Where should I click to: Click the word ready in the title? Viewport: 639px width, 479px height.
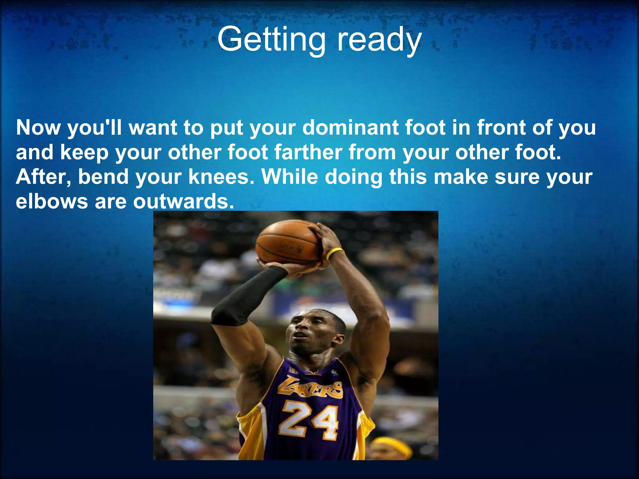(379, 40)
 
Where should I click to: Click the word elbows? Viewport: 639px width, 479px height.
(52, 201)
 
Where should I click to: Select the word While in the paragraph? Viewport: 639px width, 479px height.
(290, 177)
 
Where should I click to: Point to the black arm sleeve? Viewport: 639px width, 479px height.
(246, 296)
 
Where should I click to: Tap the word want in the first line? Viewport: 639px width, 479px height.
(153, 128)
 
